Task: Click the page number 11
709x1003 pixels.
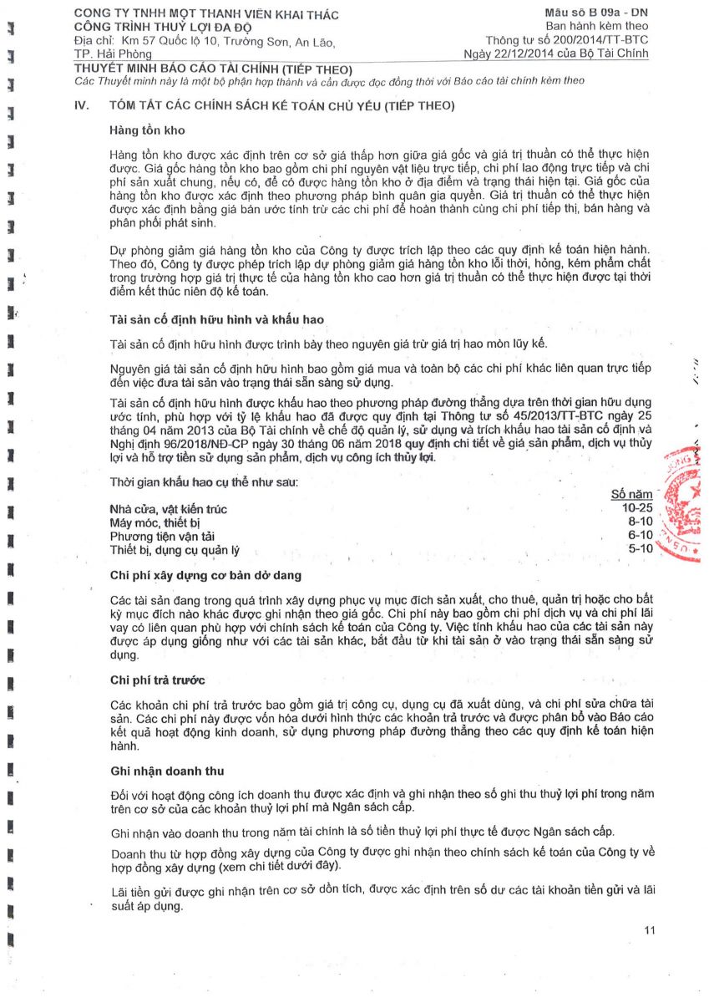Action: point(651,930)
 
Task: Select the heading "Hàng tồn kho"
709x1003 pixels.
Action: point(147,131)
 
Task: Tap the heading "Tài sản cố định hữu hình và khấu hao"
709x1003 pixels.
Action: point(216,320)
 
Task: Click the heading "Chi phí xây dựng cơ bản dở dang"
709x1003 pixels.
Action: point(205,576)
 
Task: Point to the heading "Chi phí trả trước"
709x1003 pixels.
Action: point(157,680)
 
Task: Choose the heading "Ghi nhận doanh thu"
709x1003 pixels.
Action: point(166,770)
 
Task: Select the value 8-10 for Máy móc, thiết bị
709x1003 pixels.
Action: point(640,522)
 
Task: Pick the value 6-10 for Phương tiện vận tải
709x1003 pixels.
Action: point(640,535)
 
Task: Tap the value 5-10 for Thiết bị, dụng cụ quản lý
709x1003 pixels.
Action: point(640,548)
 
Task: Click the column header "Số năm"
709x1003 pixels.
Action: point(631,495)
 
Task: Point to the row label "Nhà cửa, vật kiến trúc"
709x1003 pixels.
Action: point(168,509)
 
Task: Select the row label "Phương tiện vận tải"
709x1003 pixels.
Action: point(164,536)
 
